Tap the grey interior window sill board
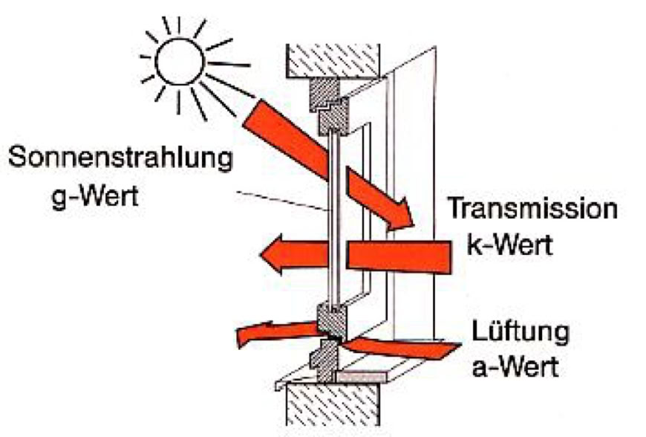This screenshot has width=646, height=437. click(371, 377)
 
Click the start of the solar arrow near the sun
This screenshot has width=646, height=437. click(256, 115)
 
